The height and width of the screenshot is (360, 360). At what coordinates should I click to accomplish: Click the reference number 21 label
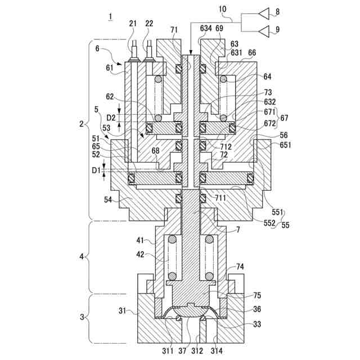click(x=133, y=24)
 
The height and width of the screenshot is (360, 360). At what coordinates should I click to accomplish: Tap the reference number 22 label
click(x=149, y=24)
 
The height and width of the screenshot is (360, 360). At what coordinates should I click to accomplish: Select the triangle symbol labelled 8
click(x=264, y=13)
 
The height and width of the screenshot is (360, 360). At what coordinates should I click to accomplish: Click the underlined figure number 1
click(x=111, y=17)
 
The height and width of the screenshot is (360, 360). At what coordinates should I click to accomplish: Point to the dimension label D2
click(x=111, y=118)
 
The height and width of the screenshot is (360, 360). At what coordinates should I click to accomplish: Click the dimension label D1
click(x=96, y=170)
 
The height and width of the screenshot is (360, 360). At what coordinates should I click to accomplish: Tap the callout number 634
click(x=206, y=28)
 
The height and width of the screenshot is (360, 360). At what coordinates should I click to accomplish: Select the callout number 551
click(x=277, y=212)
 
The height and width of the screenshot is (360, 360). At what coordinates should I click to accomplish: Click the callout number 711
click(x=220, y=197)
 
